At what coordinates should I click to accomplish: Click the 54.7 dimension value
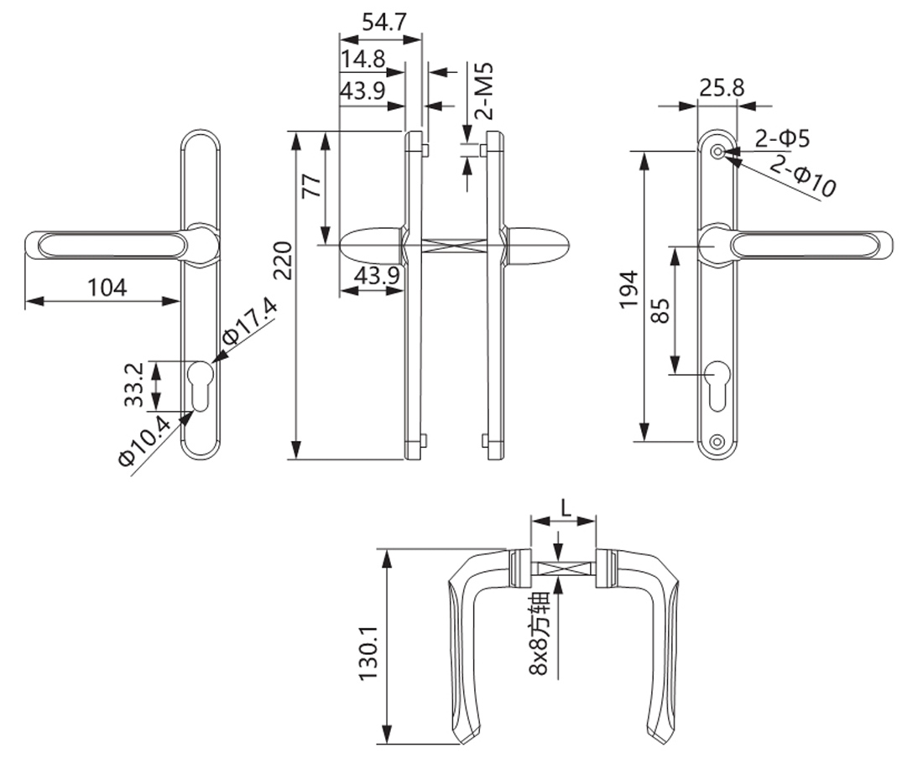[x=383, y=22]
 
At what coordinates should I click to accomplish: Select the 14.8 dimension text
[x=363, y=59]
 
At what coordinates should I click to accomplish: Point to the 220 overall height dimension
[x=283, y=261]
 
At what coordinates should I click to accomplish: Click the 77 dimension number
[x=312, y=186]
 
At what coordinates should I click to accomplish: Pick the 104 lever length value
[x=107, y=288]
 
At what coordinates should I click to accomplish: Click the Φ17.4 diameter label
[x=249, y=322]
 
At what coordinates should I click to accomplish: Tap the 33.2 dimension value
[x=134, y=384]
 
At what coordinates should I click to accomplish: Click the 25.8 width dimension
[x=722, y=88]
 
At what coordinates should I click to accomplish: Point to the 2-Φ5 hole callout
[x=782, y=139]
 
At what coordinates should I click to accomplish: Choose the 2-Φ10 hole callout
[x=802, y=175]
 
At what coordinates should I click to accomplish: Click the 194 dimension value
[x=629, y=288]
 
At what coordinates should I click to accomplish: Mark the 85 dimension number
[x=661, y=310]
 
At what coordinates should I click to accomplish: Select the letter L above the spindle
[x=566, y=507]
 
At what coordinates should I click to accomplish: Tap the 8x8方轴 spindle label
[x=539, y=633]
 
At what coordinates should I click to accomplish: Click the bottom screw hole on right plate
[x=717, y=441]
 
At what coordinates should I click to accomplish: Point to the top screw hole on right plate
[x=717, y=152]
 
